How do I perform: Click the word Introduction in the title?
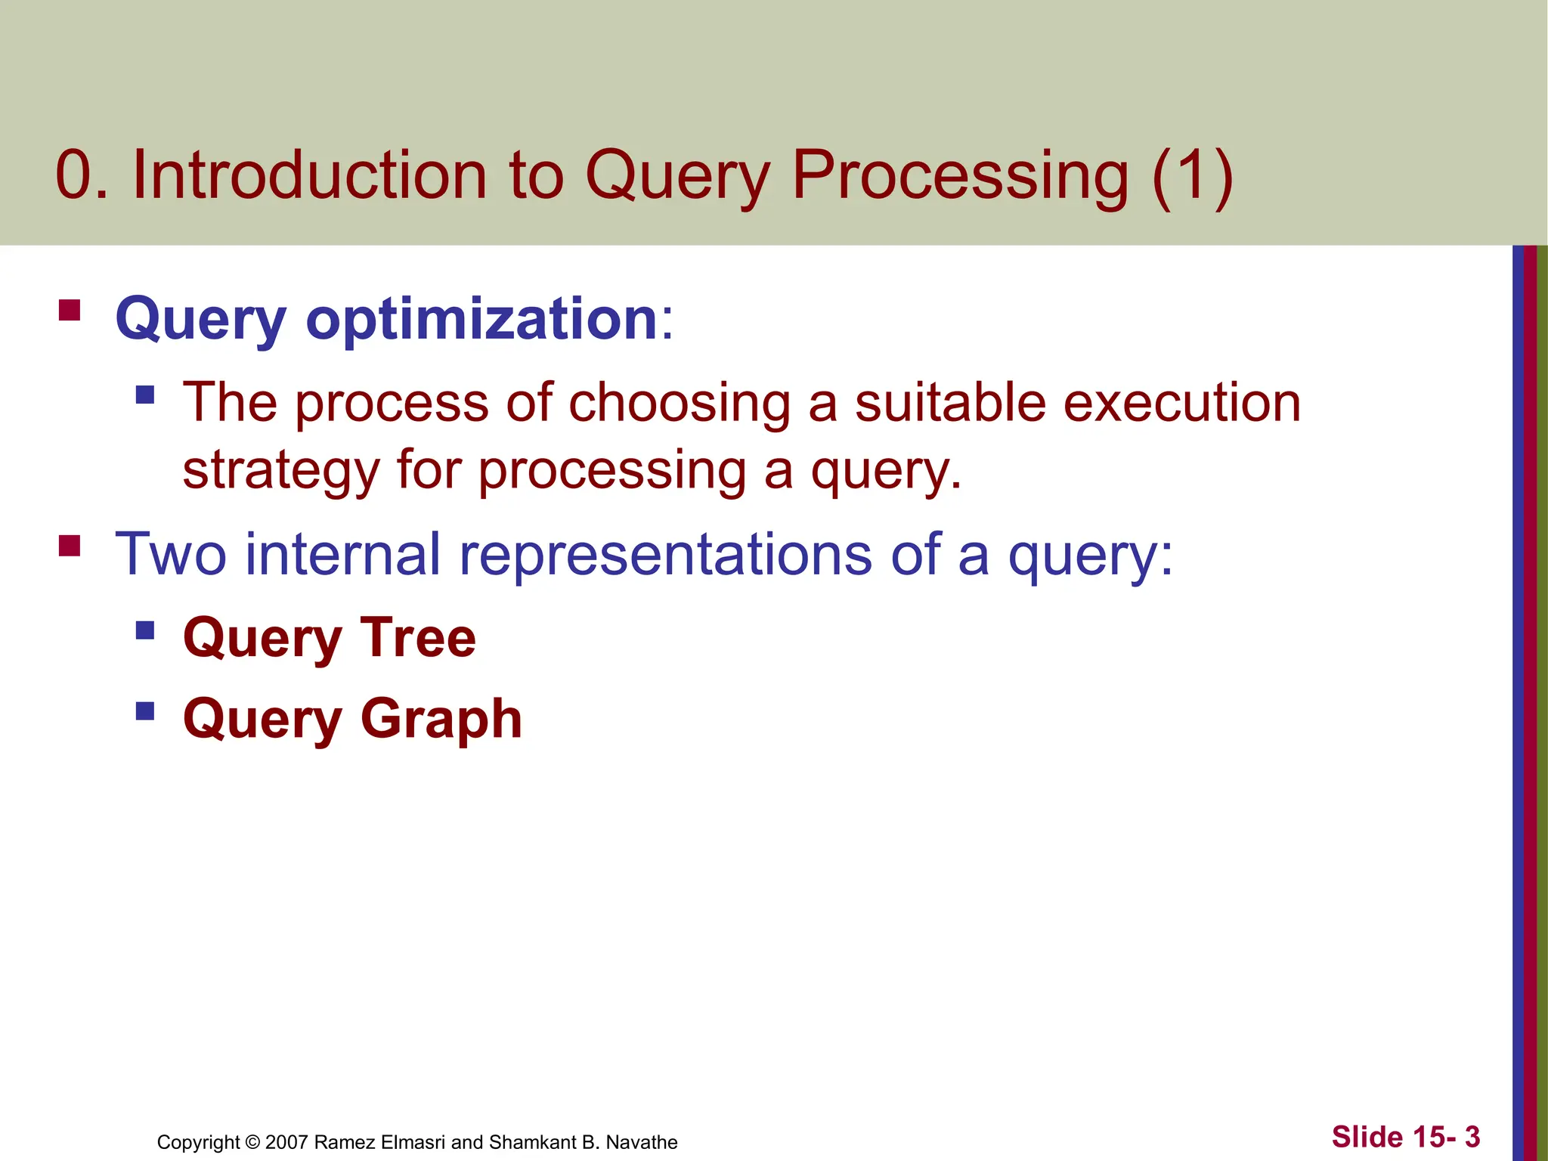pos(310,175)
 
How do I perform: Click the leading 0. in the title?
pos(82,175)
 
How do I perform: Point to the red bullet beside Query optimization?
pos(70,311)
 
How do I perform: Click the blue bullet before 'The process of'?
pos(145,395)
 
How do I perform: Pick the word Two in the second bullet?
pos(170,554)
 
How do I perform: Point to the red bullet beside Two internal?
pos(70,545)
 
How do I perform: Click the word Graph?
pos(441,720)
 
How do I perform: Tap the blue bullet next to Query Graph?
pos(145,711)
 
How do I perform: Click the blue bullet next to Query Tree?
pos(145,630)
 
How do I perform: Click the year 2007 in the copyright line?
pos(286,1142)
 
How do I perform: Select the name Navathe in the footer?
pos(642,1142)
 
